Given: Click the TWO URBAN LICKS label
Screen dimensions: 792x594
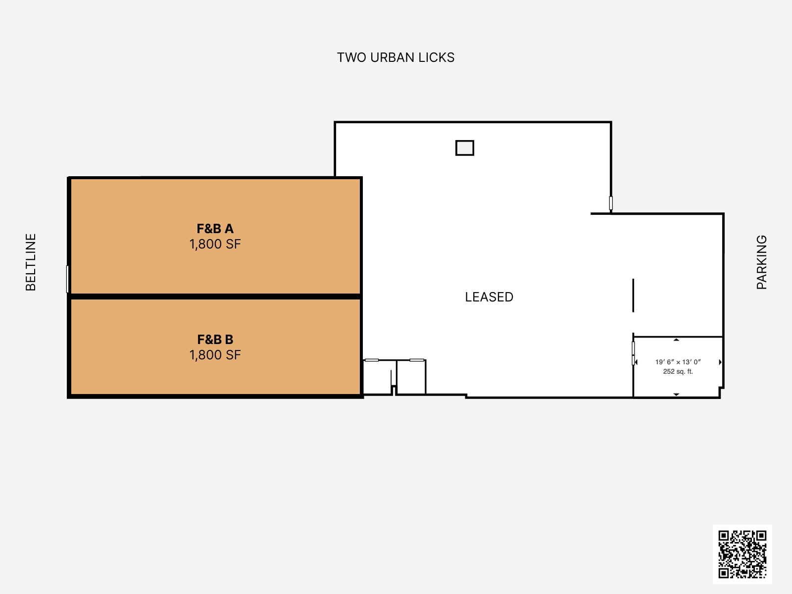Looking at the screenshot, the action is click(396, 58).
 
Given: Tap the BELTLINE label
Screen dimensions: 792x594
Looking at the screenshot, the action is click(31, 262).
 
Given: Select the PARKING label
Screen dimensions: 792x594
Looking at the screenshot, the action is click(761, 262).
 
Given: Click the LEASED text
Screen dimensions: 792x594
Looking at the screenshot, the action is click(489, 297).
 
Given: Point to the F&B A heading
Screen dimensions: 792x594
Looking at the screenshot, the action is click(215, 229).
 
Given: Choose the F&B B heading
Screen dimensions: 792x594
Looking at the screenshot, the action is click(215, 340).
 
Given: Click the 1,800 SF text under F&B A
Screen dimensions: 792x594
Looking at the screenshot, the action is click(215, 244).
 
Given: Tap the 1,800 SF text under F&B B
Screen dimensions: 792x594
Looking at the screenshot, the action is click(215, 355).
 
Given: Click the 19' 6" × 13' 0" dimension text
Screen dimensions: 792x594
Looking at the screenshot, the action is click(678, 362).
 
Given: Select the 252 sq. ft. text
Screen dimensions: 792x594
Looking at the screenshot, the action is click(678, 371).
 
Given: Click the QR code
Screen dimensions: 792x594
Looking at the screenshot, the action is click(742, 554).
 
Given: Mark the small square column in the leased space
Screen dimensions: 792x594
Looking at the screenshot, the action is click(465, 148).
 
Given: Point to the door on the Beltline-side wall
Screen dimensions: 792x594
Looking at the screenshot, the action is click(67, 279).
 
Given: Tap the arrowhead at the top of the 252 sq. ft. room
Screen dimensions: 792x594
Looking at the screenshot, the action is click(677, 340).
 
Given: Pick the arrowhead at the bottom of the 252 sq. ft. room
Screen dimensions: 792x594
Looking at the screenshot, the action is click(677, 395).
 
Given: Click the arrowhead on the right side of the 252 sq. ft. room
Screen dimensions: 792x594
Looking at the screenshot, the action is click(720, 362).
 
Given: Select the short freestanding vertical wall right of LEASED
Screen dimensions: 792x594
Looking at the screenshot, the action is click(633, 296).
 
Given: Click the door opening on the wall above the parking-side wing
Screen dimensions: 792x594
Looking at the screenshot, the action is click(611, 203).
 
